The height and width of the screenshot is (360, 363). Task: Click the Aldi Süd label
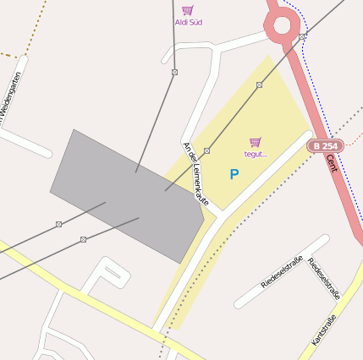pyautogui.click(x=189, y=22)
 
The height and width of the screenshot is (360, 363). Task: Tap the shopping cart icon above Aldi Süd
pyautogui.click(x=188, y=9)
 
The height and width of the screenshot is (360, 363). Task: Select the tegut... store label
pyautogui.click(x=256, y=154)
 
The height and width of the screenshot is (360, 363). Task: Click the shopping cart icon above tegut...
pyautogui.click(x=256, y=142)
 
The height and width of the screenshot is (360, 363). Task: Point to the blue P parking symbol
pyautogui.click(x=234, y=174)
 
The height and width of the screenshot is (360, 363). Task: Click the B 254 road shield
pyautogui.click(x=324, y=146)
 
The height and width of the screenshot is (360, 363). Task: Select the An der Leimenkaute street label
pyautogui.click(x=196, y=173)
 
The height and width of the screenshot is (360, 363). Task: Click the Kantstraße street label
pyautogui.click(x=324, y=330)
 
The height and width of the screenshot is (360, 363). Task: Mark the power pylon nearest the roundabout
pyautogui.click(x=302, y=37)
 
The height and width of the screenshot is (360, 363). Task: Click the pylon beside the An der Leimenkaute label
pyautogui.click(x=206, y=150)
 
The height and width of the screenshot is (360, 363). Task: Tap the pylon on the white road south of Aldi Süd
pyautogui.click(x=174, y=73)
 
